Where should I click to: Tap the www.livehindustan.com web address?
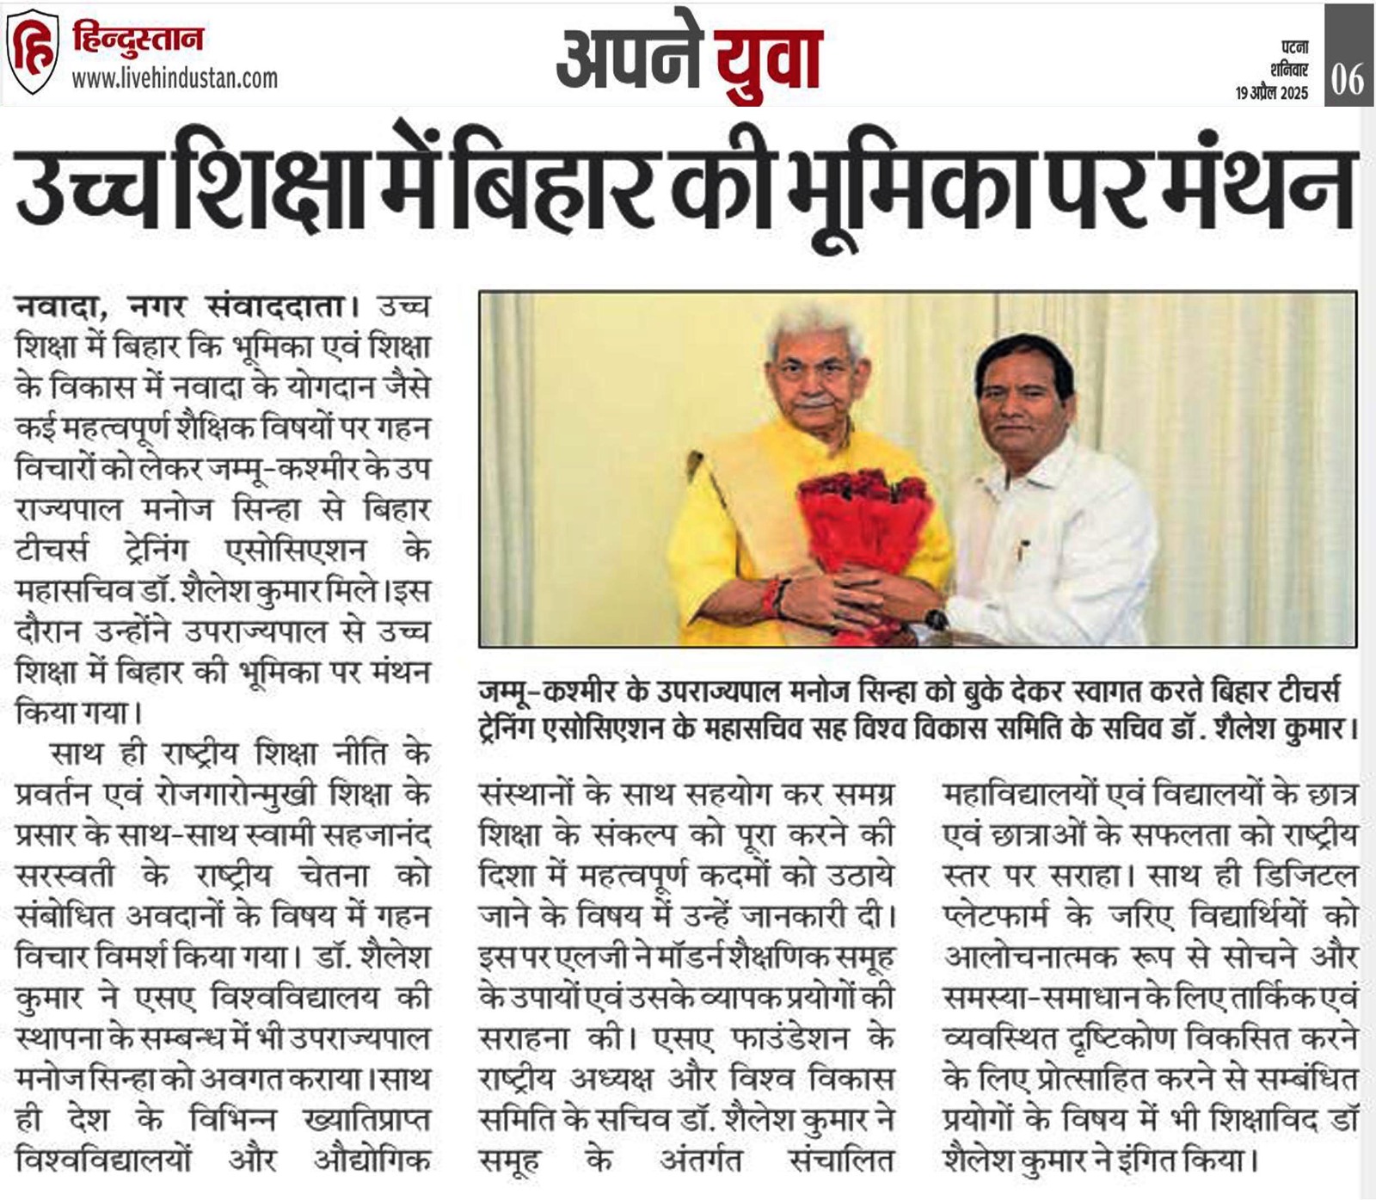175,79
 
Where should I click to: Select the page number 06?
1348,79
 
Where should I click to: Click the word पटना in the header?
1293,48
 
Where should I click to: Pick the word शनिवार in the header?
1289,71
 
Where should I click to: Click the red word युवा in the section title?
769,60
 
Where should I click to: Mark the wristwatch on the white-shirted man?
936,618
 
